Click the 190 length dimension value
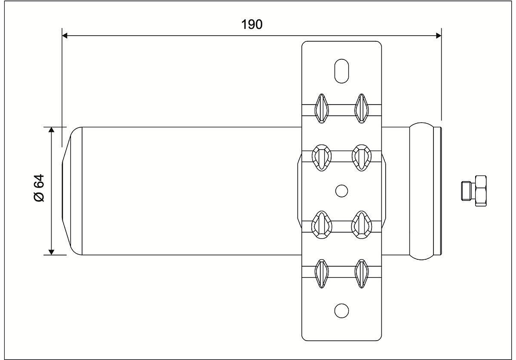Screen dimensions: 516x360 252,25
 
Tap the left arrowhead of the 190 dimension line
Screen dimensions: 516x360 65,36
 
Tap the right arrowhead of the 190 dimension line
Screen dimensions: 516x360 439,36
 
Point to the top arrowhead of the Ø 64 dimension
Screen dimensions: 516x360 51,130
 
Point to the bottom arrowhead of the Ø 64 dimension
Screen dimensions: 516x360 51,252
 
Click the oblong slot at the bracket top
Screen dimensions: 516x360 341,71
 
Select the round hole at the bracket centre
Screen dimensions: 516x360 341,191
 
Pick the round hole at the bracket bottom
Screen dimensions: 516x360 341,311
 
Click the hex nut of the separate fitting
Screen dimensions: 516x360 480,191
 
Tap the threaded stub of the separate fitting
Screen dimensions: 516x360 467,191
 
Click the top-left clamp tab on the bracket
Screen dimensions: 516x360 321,108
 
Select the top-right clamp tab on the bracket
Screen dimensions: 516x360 362,108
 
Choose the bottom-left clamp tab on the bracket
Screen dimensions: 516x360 321,274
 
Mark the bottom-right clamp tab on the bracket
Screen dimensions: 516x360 362,274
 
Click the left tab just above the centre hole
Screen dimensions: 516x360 322,158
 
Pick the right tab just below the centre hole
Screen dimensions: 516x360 362,225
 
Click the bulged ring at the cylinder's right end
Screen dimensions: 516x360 421,191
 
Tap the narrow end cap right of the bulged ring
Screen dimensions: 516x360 437,191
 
